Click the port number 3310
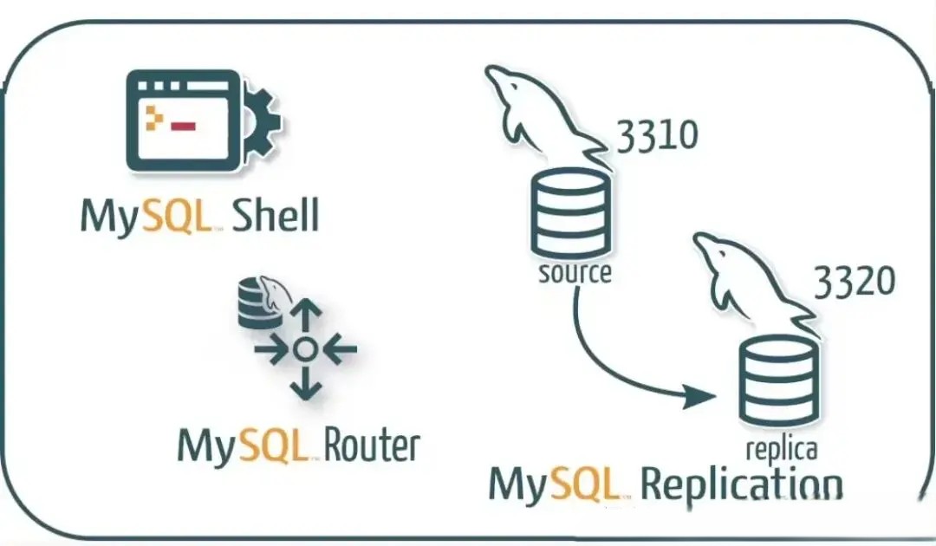pos(656,136)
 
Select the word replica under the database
pos(781,449)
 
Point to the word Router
pos(372,445)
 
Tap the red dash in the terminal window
pos(184,127)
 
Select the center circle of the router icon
pos(302,350)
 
